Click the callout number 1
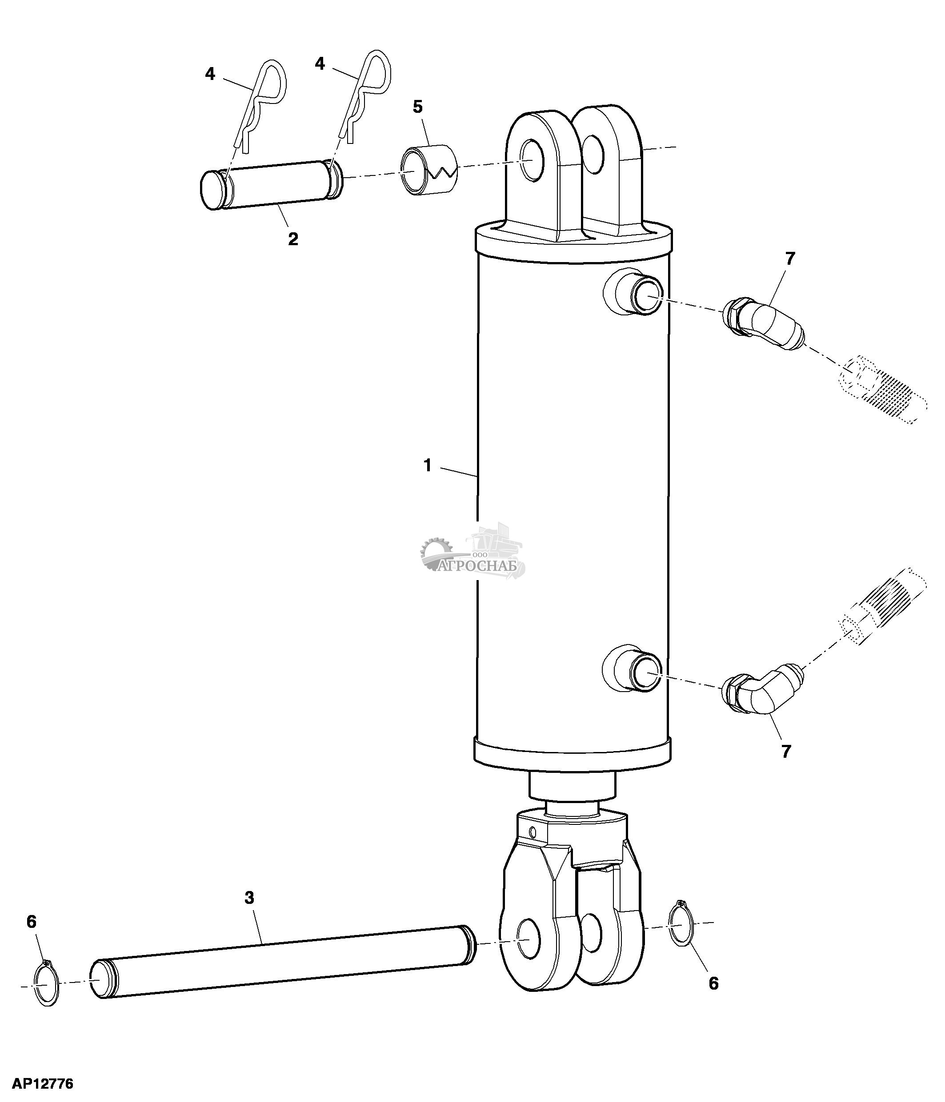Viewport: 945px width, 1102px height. coord(427,466)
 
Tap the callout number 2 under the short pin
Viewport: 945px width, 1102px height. coord(292,239)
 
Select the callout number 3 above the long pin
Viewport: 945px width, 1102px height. coord(249,898)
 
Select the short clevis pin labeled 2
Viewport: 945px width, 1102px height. coord(272,185)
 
